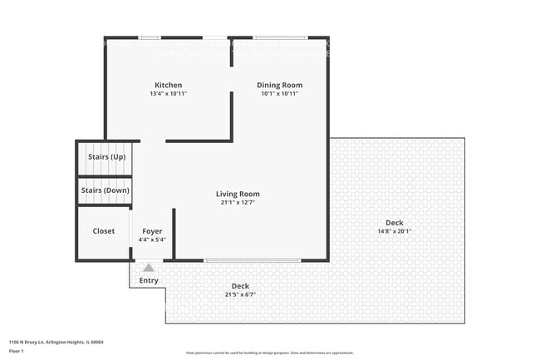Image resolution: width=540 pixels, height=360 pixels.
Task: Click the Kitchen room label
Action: (168, 85)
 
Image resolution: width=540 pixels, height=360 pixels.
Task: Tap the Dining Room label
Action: (279, 85)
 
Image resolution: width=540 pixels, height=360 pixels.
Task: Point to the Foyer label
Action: (152, 231)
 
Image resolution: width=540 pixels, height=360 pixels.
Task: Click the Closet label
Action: (104, 231)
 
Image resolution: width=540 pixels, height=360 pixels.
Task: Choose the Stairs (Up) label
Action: (106, 156)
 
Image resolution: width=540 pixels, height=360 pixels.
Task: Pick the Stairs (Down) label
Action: (106, 190)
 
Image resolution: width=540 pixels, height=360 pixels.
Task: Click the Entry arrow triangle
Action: (149, 268)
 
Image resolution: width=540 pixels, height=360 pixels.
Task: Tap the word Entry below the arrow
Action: (149, 280)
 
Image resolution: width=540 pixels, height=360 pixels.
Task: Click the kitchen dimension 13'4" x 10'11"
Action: (168, 93)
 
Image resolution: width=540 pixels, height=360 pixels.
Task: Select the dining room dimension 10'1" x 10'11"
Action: (279, 93)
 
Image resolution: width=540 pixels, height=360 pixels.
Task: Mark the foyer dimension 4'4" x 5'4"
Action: (152, 239)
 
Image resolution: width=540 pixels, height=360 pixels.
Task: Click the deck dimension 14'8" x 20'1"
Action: (394, 230)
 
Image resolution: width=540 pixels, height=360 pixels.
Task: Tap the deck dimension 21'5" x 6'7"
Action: (240, 294)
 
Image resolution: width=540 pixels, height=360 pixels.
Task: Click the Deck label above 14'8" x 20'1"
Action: (394, 222)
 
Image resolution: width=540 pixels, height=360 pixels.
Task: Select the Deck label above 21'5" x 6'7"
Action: (240, 286)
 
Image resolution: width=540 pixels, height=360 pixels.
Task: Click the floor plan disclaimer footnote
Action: (269, 353)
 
